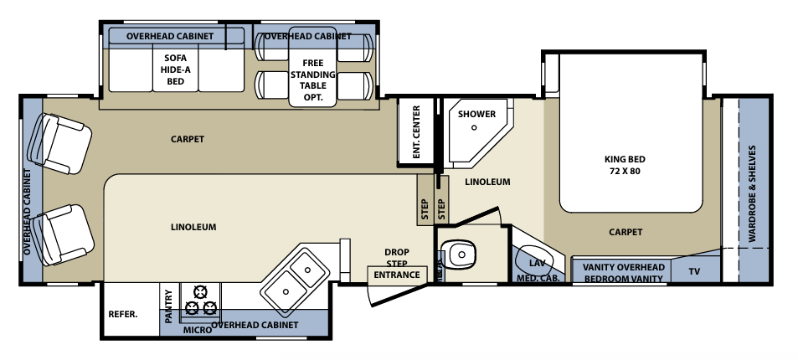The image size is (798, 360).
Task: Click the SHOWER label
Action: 476,114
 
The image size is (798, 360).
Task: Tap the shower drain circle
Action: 474,128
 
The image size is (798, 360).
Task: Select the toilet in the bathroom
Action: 461,253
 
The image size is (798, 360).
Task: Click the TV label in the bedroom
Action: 694,272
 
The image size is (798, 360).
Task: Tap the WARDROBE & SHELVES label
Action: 752,194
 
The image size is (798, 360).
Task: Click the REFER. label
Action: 123,315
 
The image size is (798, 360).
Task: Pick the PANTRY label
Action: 169,306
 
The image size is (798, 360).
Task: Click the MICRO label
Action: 197,332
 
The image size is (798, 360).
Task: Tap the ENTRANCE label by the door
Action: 397,274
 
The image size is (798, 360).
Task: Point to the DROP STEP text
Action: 396,257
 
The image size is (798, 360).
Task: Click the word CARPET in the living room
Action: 187,139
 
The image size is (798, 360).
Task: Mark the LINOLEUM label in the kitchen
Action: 193,227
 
